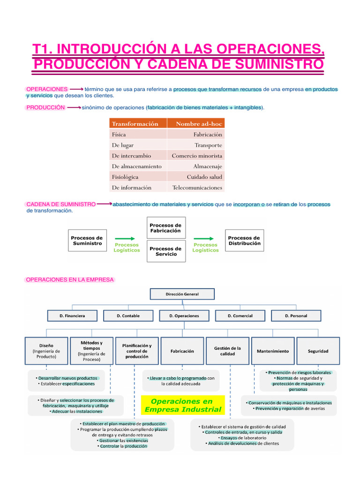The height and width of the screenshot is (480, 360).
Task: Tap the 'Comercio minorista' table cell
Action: pos(196,156)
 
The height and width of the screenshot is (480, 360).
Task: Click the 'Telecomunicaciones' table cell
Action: pos(196,187)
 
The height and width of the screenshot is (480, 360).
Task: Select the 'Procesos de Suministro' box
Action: pos(87,241)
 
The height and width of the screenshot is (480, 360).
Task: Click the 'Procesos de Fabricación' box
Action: pos(166,228)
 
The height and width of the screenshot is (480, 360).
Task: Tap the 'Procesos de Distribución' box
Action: pos(244,241)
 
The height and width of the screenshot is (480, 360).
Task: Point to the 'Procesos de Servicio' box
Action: pos(166,252)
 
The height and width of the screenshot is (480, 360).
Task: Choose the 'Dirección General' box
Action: pos(182,294)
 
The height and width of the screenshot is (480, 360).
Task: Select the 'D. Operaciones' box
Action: pos(184,316)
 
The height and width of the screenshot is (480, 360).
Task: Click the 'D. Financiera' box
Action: pos(72,316)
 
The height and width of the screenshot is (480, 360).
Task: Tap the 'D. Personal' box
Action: pos(296,316)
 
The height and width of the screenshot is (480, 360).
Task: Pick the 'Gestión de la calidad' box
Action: pos(227,351)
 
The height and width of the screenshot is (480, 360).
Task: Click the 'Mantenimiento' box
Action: pos(273,351)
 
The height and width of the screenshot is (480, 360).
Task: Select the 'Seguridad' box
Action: pos(318,351)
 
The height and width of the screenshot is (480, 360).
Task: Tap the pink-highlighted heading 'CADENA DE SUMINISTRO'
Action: pos(61,204)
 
